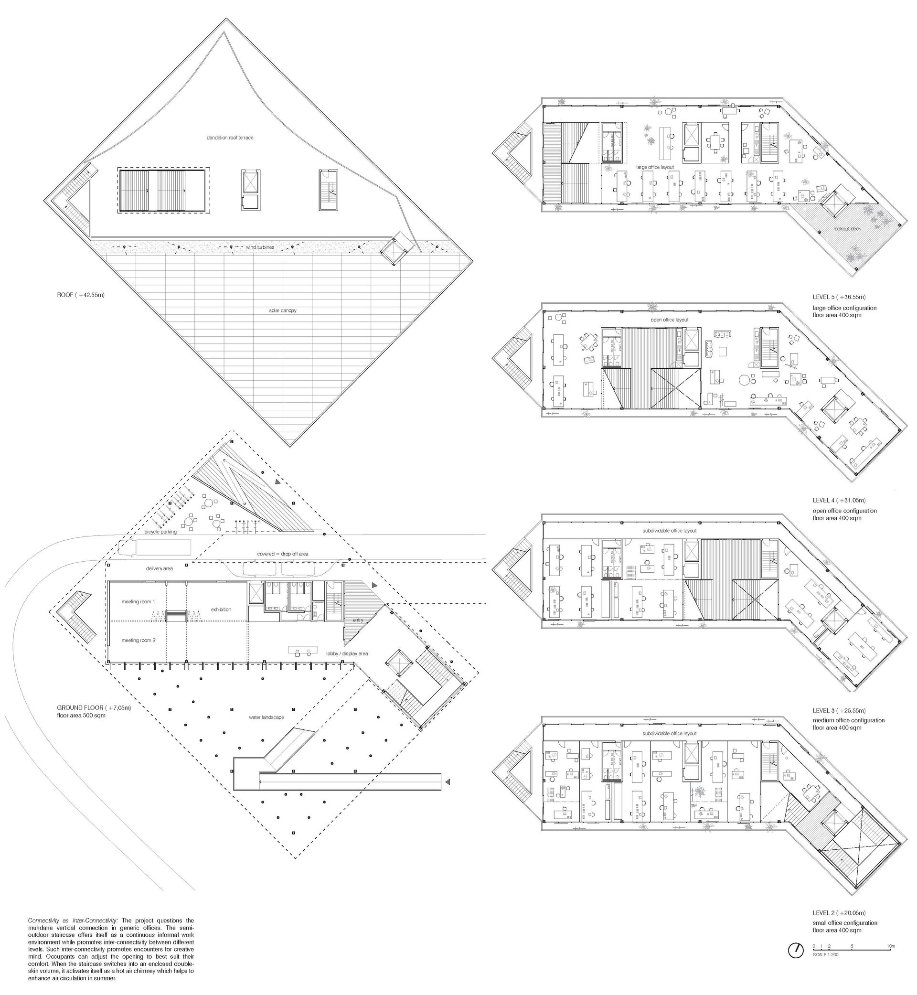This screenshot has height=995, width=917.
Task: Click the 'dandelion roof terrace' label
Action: [230, 138]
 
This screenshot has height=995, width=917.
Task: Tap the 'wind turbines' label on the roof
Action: [260, 246]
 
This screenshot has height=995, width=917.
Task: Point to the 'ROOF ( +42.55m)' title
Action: [80, 295]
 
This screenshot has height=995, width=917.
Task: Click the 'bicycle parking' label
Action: [161, 532]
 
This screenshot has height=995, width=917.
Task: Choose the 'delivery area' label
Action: [160, 569]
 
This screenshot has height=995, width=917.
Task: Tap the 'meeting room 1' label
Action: [139, 601]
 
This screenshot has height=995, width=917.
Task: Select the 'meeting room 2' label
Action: [139, 640]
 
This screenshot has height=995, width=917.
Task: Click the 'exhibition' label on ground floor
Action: [221, 610]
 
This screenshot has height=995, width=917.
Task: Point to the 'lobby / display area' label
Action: [347, 653]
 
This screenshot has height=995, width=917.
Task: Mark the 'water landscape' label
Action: [267, 717]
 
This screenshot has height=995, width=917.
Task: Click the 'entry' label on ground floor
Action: [358, 621]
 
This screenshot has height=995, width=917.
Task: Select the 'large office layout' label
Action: [655, 167]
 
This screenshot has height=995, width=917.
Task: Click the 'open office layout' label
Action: [670, 320]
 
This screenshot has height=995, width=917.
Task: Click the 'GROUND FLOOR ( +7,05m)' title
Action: [94, 707]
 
